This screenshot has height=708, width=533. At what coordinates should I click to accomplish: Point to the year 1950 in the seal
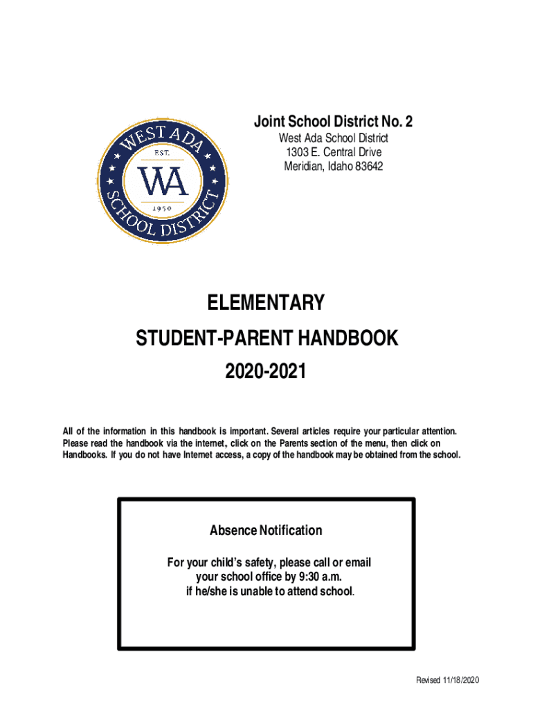click(162, 207)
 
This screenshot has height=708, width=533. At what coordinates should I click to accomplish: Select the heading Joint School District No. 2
click(333, 122)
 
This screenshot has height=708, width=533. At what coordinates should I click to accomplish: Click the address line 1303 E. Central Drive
click(333, 152)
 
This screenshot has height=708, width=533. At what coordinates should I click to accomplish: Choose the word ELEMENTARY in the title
click(266, 304)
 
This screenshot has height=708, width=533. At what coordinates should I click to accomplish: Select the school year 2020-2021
click(266, 373)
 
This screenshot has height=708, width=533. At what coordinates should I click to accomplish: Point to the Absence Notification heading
click(266, 530)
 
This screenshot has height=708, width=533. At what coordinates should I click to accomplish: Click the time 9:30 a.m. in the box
click(318, 577)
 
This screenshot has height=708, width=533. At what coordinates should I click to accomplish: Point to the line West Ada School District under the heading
click(333, 138)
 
